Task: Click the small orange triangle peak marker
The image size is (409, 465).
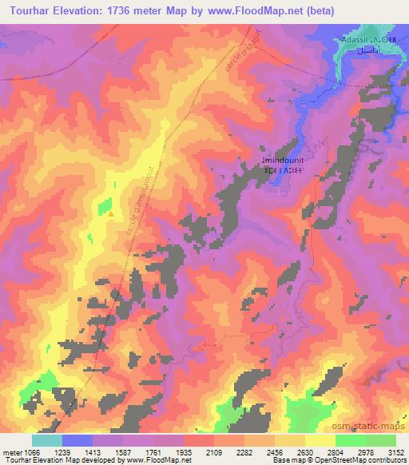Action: click(110, 213)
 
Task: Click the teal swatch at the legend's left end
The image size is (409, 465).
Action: click(47, 440)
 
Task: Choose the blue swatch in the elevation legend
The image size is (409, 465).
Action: click(77, 440)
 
